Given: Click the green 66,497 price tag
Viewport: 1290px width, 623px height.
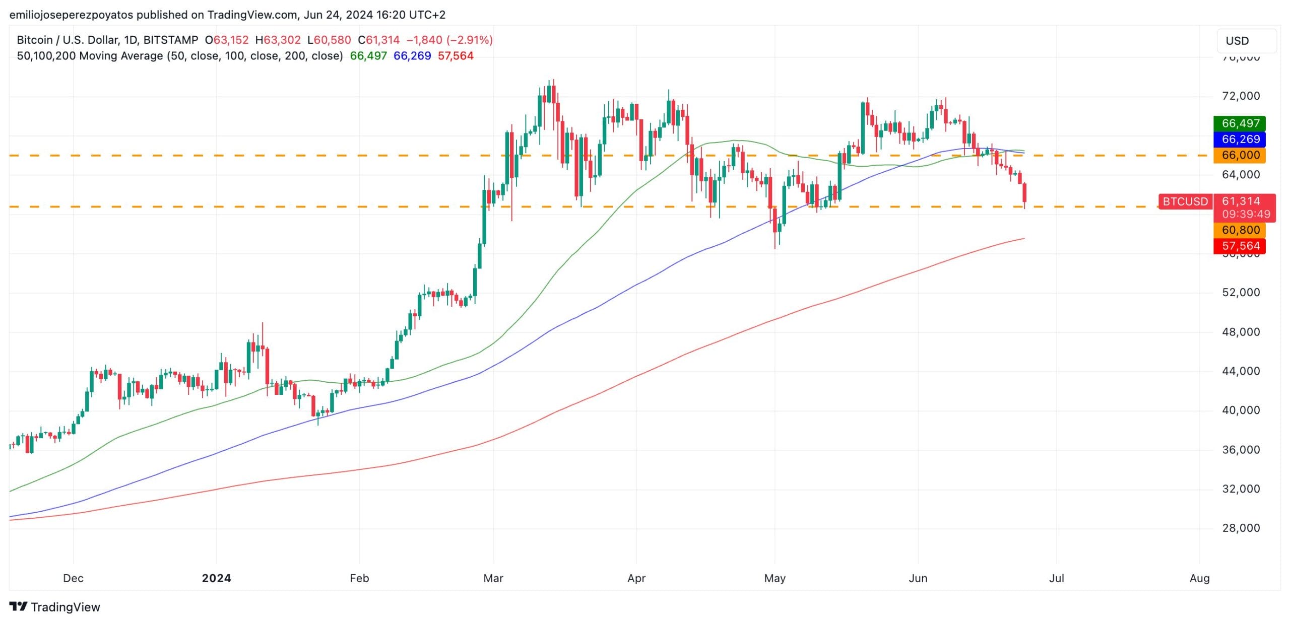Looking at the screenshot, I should tap(1240, 123).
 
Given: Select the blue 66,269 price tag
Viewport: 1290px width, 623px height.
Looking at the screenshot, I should tap(1240, 140).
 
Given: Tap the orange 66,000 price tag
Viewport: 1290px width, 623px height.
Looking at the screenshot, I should tap(1240, 155).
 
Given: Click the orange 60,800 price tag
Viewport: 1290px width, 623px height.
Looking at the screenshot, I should tap(1240, 230).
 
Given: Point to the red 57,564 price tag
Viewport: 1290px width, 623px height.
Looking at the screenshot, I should tap(1240, 246).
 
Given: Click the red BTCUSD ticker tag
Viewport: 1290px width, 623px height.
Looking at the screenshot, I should tap(1185, 202).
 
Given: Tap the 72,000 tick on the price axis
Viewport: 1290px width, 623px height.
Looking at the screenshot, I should tap(1241, 96).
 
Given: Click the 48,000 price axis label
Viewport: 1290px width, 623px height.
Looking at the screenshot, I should tap(1241, 332).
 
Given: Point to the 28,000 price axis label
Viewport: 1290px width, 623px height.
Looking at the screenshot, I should tap(1241, 528).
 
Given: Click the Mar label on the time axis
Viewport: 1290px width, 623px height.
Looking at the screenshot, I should tap(493, 578).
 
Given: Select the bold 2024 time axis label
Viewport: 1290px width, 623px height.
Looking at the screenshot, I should tap(216, 578).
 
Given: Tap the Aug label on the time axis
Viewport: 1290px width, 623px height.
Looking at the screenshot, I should tap(1199, 578).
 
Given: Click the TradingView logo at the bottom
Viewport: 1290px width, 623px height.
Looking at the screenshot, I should tap(55, 607).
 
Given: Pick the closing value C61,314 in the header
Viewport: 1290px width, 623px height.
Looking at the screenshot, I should tap(379, 40).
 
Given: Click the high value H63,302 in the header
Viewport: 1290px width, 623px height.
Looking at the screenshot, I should tap(278, 40).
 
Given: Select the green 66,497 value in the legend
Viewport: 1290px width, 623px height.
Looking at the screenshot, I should tap(368, 56).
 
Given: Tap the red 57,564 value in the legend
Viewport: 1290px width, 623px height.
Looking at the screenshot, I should tap(456, 56).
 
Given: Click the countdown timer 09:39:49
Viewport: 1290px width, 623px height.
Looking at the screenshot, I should tap(1246, 214).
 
